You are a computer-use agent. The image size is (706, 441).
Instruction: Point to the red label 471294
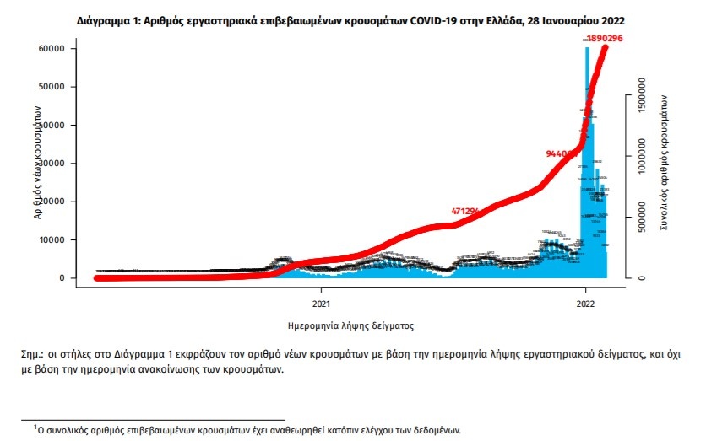466,210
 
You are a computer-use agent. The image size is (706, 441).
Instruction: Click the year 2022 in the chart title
614,18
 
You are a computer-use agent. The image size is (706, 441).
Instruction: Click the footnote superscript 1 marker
35,427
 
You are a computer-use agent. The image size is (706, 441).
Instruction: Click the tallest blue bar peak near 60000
587,49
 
